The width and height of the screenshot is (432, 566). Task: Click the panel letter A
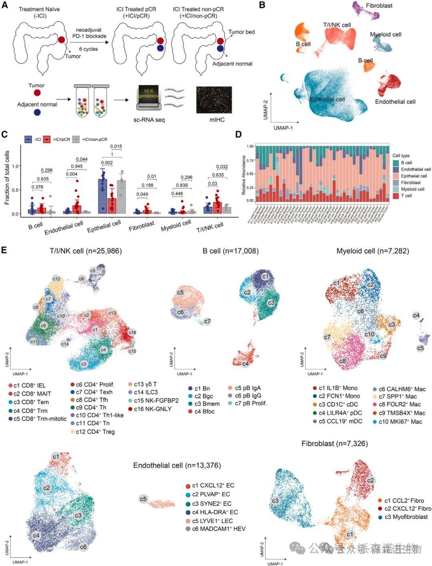(x=5, y=5)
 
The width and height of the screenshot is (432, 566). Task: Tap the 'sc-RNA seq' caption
(x=149, y=120)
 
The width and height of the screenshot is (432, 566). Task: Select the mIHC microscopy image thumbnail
(x=214, y=100)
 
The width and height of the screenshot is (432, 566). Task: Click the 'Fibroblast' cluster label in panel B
(x=379, y=6)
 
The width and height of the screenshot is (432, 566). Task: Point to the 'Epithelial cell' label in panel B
(x=327, y=99)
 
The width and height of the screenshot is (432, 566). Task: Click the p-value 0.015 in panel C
(x=116, y=147)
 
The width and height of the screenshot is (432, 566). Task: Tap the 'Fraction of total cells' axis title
(x=7, y=178)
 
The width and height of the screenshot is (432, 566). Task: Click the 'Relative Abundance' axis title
(x=244, y=175)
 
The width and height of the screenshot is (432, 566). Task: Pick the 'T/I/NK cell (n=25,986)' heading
(x=86, y=251)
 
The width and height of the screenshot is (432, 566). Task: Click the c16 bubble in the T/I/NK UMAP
(x=132, y=333)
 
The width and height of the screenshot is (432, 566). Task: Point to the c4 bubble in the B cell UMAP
(x=245, y=364)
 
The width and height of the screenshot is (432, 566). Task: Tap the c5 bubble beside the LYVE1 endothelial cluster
(x=143, y=499)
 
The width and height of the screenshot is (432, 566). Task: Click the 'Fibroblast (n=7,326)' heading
(x=334, y=444)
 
